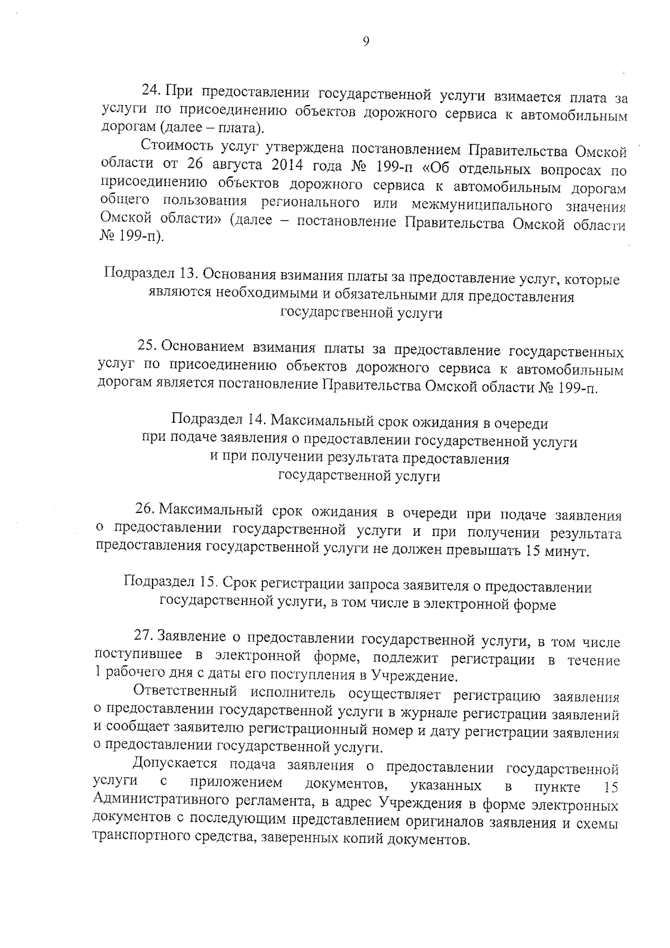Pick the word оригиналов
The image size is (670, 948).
[443, 822]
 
